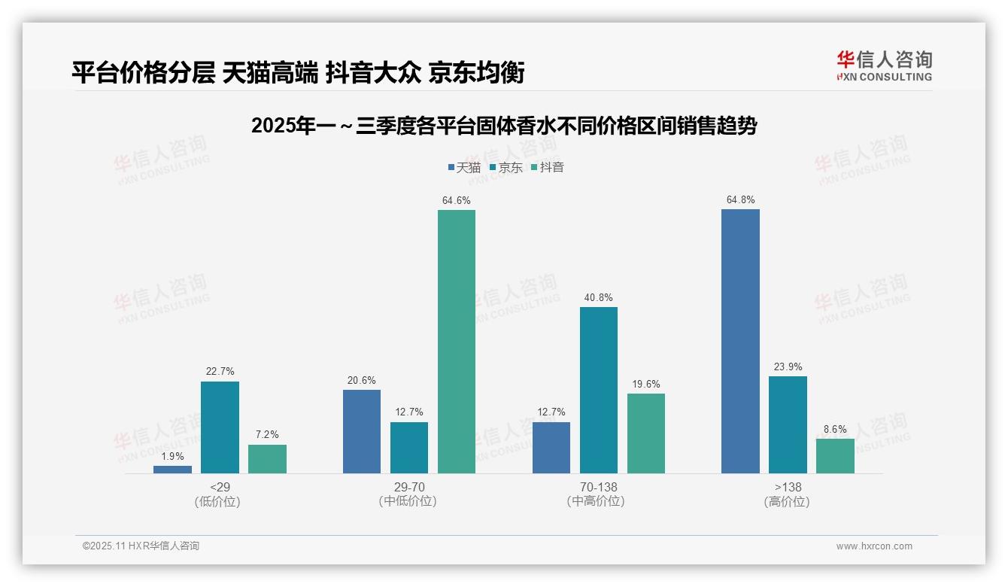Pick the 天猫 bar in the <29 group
coord(172,469)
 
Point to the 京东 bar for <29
coord(220,427)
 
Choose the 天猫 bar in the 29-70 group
coord(362,431)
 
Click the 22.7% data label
coord(220,371)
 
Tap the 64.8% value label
coord(740,199)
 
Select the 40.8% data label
coord(599,297)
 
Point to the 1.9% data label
coord(172,455)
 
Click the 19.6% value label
coord(646,384)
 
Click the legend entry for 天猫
coord(464,167)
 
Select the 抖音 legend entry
coord(547,167)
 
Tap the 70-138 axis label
coord(599,487)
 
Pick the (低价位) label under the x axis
coord(217,501)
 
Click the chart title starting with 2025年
coord(503,126)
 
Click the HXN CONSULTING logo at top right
coord(884,65)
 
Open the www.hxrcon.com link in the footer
coord(874,546)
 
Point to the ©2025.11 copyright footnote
coord(141,546)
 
